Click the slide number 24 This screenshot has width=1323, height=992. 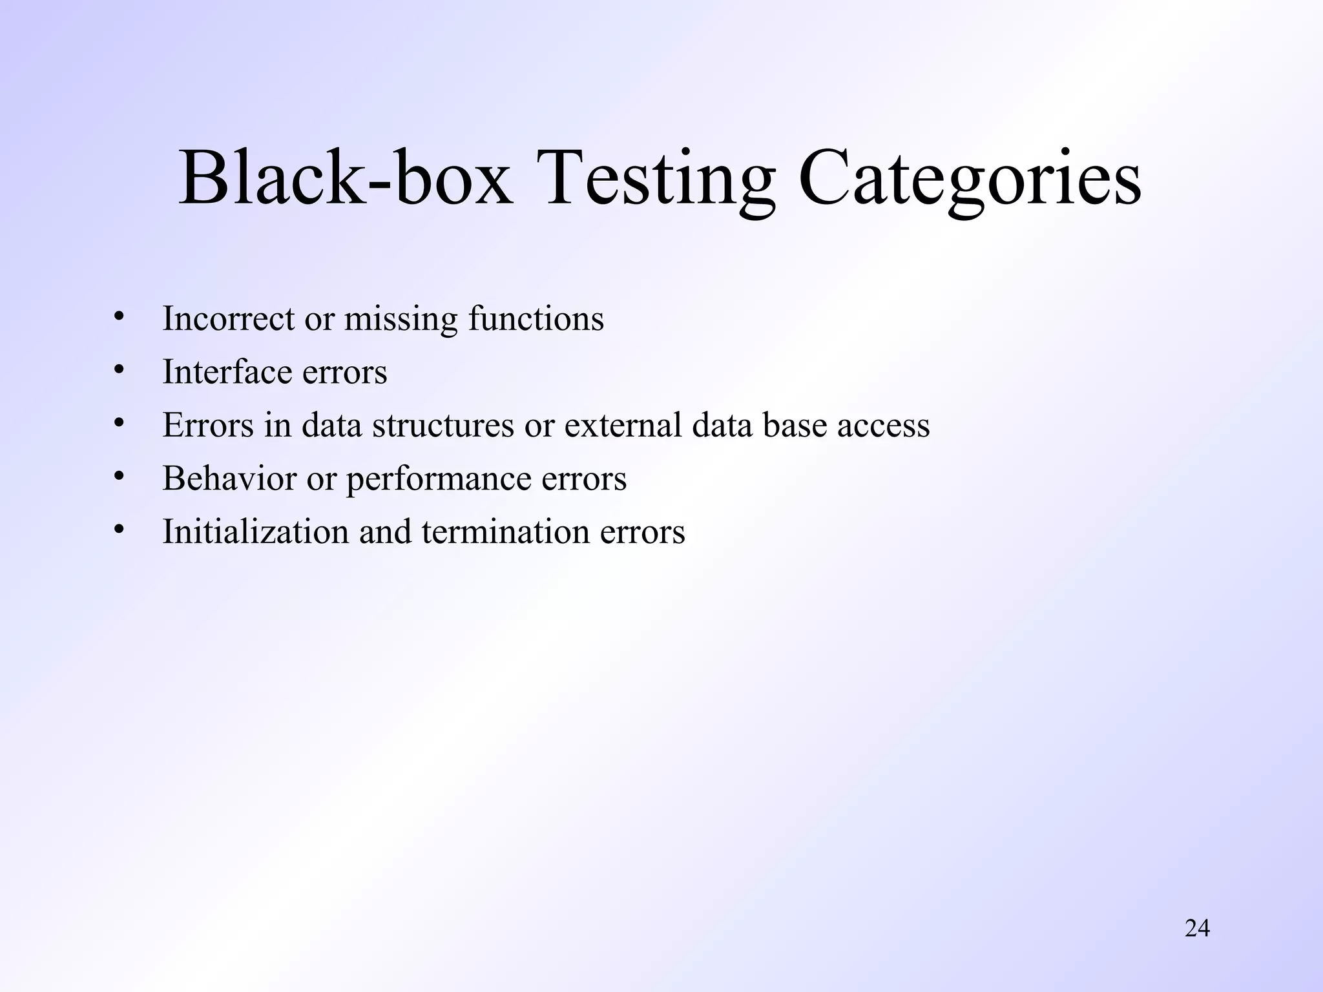(x=1197, y=929)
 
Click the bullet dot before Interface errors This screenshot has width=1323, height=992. (x=118, y=370)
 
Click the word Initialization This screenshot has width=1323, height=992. (x=255, y=532)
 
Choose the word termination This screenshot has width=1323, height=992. (x=505, y=532)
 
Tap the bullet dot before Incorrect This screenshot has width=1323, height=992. (x=118, y=316)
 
